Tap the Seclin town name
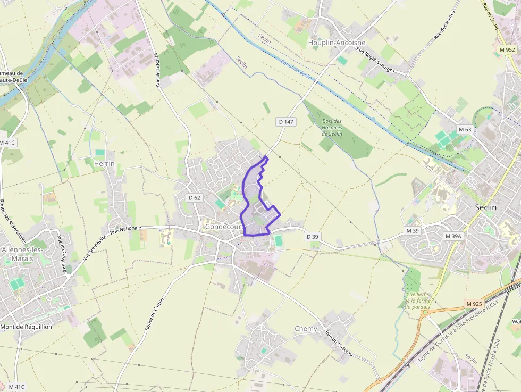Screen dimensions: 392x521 tap(485, 207)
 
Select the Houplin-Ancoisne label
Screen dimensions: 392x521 tap(337, 42)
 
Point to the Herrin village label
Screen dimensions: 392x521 tap(104, 163)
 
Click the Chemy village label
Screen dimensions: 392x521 tap(306, 329)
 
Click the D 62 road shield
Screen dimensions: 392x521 tap(195, 198)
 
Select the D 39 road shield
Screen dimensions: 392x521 tap(312, 236)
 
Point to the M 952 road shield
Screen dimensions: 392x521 tap(507, 49)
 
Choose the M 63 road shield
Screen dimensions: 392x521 tap(465, 129)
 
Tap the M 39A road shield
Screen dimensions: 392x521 tap(453, 236)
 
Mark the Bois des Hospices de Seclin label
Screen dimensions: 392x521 tap(332, 127)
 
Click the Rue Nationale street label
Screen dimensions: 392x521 tap(126, 230)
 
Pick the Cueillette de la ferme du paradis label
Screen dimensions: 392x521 tap(416, 301)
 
